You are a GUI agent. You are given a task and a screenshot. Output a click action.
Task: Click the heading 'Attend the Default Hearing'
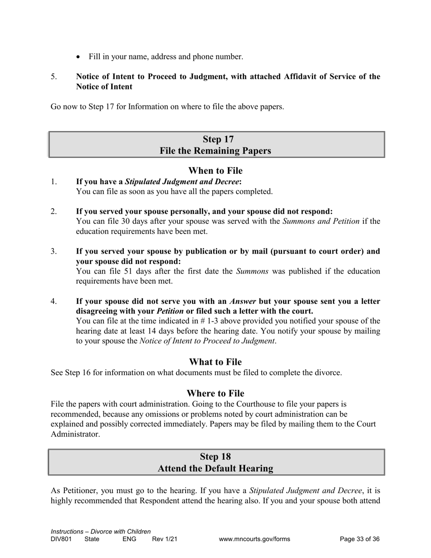click(215, 469)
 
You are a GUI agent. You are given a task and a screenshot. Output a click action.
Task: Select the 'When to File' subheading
click(215, 171)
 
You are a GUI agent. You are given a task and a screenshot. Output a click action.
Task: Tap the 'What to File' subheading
click(215, 362)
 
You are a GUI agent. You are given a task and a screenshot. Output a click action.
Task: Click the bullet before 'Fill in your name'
click(79, 57)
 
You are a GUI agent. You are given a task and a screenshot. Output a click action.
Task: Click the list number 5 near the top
click(54, 77)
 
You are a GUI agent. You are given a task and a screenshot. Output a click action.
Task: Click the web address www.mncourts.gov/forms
click(254, 539)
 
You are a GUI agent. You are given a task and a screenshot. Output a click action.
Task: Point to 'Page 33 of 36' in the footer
click(359, 539)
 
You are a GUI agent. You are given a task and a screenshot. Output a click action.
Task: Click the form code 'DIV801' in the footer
click(61, 539)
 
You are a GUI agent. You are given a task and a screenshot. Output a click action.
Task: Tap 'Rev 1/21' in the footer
click(164, 539)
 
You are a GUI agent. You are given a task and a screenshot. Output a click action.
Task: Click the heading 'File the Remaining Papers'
click(215, 151)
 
